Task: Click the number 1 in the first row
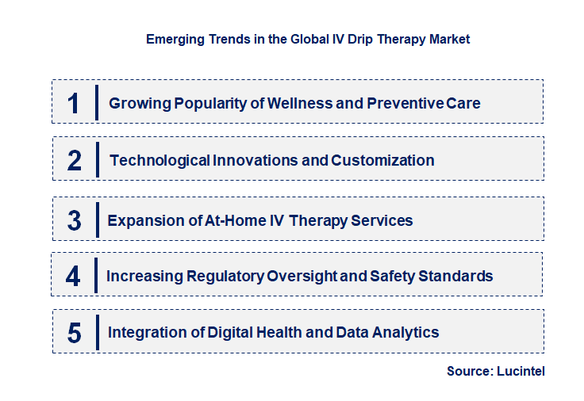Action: [74, 103]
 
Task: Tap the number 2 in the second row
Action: [75, 161]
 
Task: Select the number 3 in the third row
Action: [75, 220]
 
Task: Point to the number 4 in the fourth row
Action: [74, 277]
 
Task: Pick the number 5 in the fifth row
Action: [75, 333]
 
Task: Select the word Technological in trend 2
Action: [159, 161]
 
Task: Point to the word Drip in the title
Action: [342, 39]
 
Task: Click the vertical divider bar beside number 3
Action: [96, 219]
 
